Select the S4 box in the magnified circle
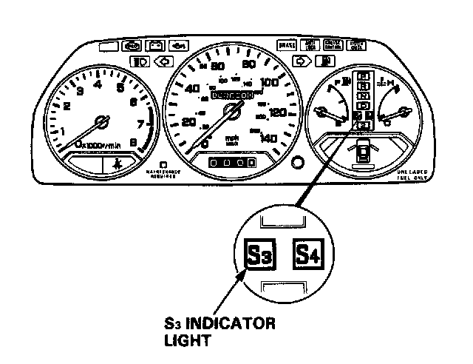point(311,255)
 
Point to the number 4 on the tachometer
point(98,84)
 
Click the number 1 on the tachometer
point(62,131)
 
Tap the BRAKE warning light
point(287,46)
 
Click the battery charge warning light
point(157,47)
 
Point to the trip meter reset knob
point(298,163)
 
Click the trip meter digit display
point(231,161)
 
